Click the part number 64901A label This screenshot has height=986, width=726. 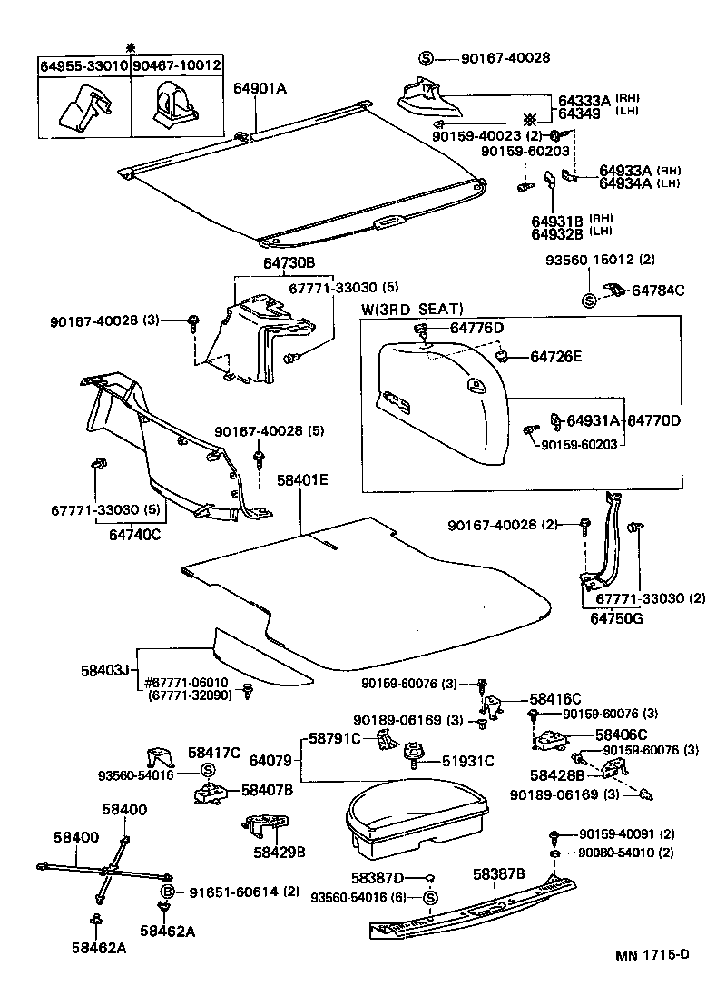pos(261,88)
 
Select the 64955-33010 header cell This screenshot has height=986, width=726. pos(83,66)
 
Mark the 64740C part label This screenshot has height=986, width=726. pos(129,534)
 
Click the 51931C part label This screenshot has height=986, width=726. pos(468,761)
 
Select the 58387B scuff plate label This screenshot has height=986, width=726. pos(498,873)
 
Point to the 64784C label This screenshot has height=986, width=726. pos(658,291)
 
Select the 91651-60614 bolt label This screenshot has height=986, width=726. pos(244,891)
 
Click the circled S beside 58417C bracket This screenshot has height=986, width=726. pos(206,771)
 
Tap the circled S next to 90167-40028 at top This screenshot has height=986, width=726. pos(427,59)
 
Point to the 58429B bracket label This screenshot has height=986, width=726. pos(279,852)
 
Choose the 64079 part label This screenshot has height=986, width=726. pos(270,759)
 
